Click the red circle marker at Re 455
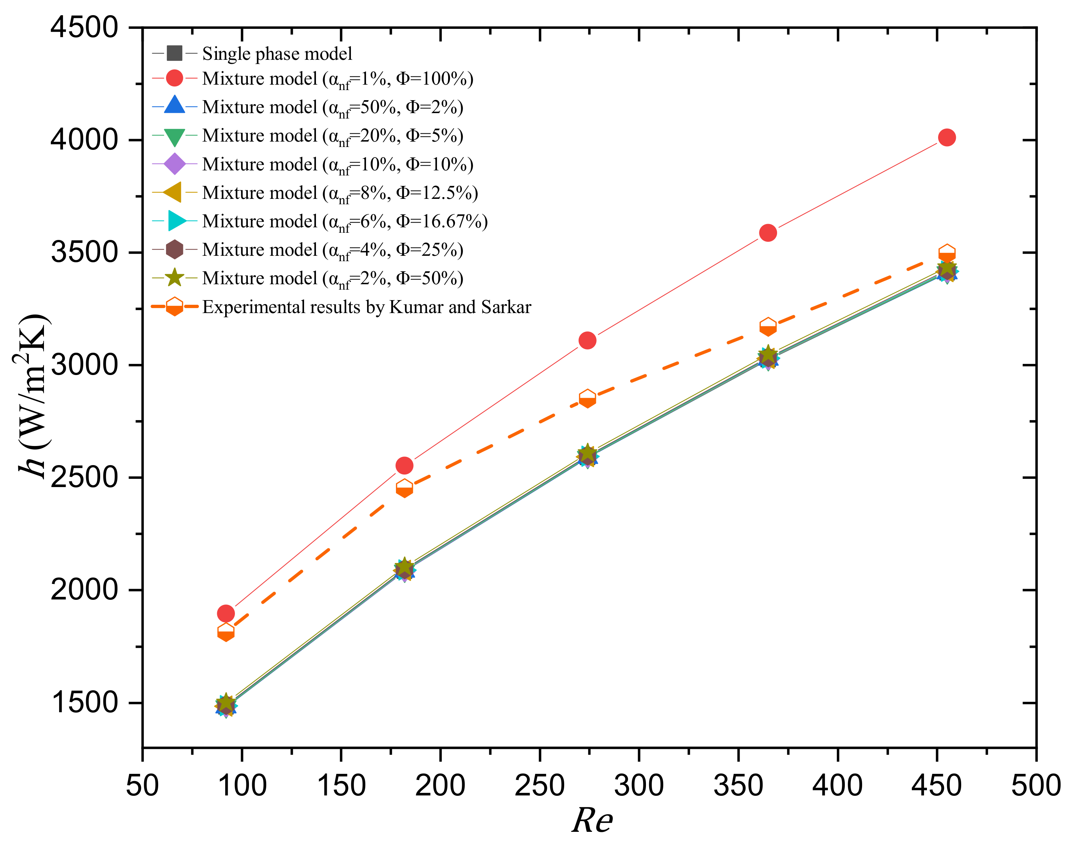pos(946,137)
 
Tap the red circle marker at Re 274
pos(587,340)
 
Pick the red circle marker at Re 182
pos(404,465)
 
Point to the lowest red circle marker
pos(226,614)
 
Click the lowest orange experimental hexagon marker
pos(226,632)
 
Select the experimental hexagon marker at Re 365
pos(767,327)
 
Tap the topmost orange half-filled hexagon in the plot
pos(946,254)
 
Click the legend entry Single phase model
pos(277,53)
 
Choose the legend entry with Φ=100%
pos(338,79)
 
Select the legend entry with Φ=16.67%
pos(344,221)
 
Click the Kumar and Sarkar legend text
pos(366,307)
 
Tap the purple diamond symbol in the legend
pos(174,164)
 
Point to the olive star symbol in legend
pos(174,278)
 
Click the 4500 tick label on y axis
pos(84,27)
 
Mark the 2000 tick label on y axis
pos(84,589)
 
